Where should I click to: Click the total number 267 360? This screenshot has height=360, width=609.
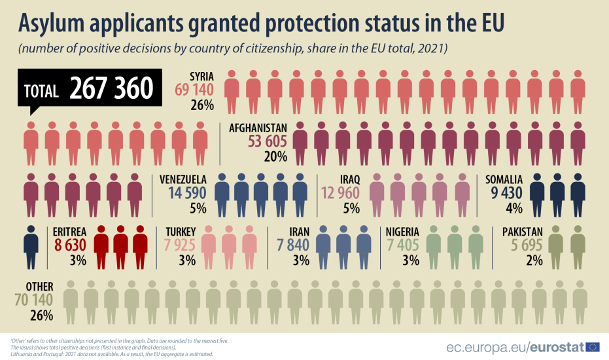point(112,88)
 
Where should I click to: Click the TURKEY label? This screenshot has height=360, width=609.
point(181,232)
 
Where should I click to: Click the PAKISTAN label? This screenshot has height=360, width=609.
point(523,232)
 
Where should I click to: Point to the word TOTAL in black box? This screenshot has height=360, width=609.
point(41,90)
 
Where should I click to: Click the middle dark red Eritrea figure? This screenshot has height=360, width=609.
point(121,247)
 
